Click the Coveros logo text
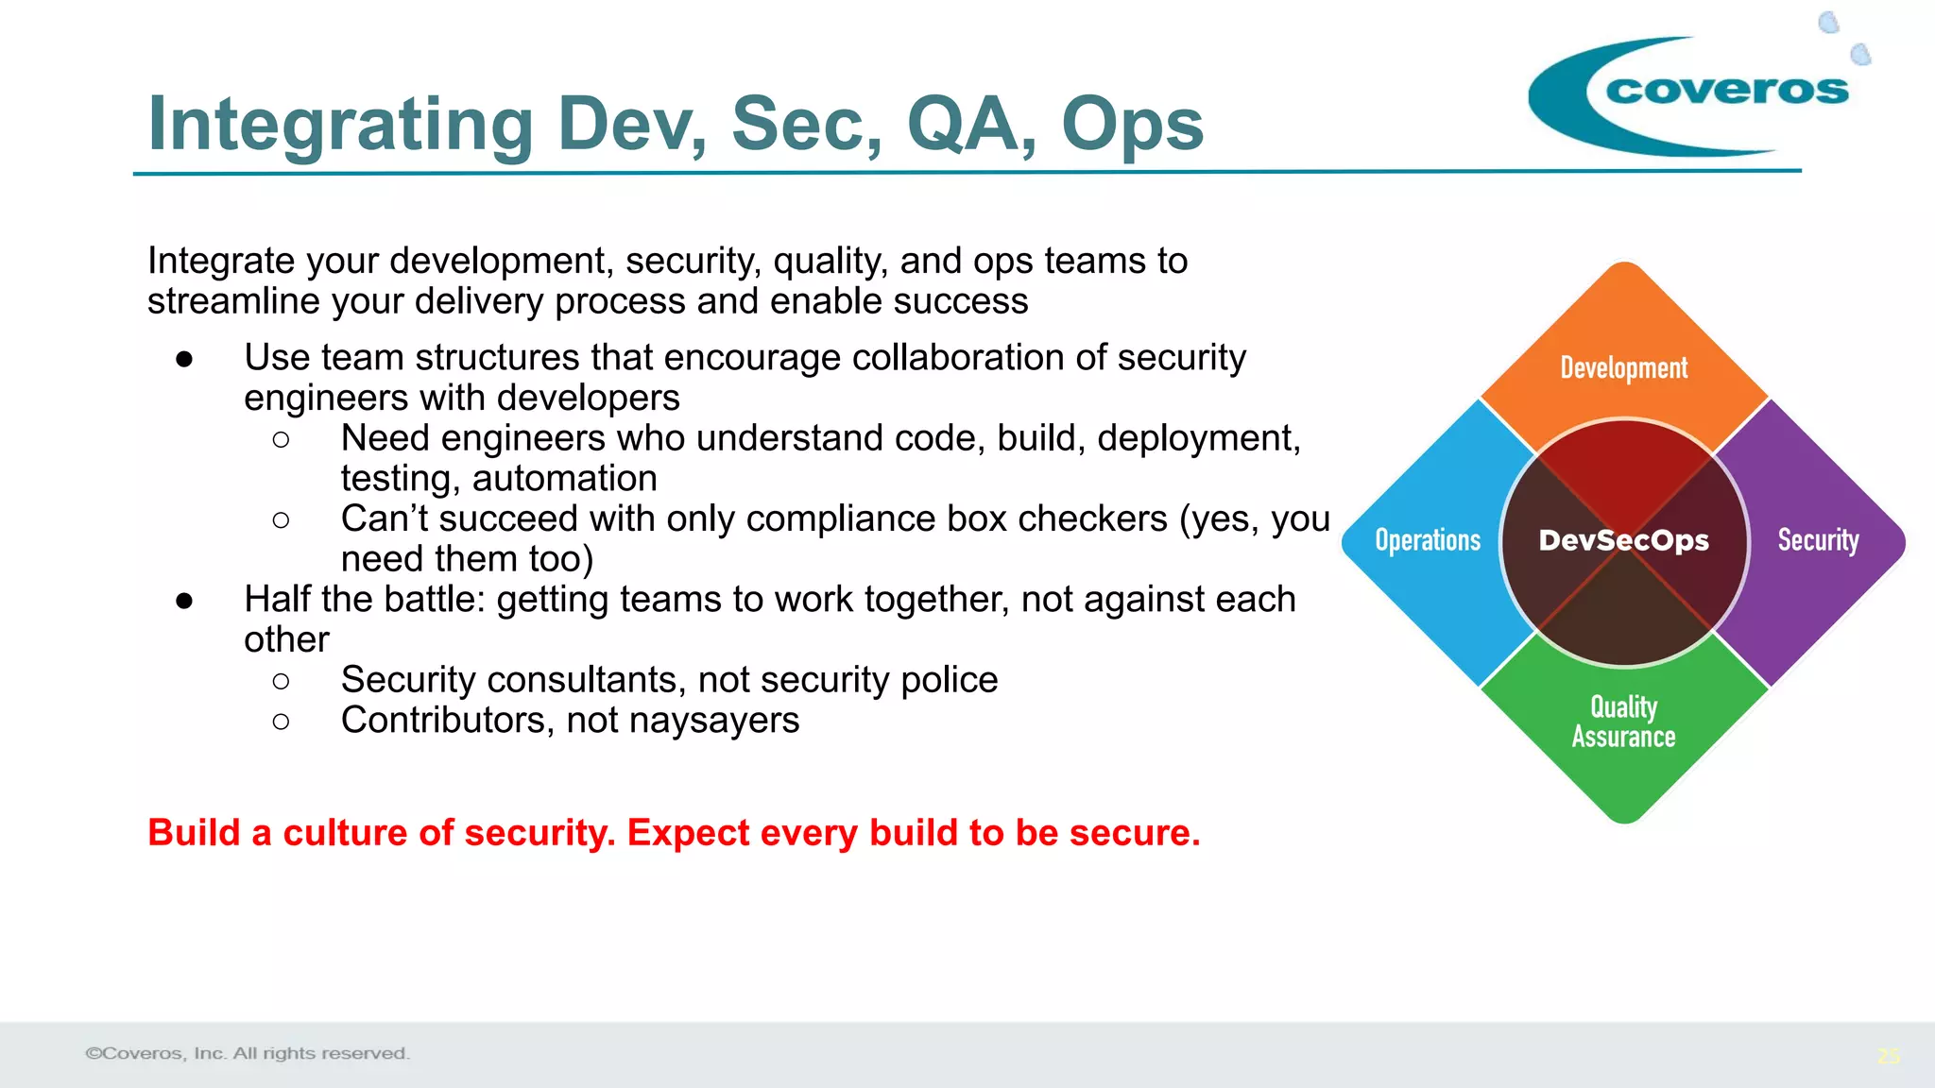[1726, 91]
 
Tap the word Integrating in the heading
[341, 126]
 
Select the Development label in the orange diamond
[1623, 367]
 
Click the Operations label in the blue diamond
[1428, 540]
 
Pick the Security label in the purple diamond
[1818, 540]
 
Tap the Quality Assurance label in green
[1623, 722]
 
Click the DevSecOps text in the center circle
[1623, 540]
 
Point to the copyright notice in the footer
[248, 1053]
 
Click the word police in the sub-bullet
[949, 680]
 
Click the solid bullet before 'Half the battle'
[184, 601]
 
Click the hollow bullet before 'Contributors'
[281, 722]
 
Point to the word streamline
[237, 301]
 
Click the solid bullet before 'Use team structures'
[184, 359]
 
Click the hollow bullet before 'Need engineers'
[281, 439]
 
